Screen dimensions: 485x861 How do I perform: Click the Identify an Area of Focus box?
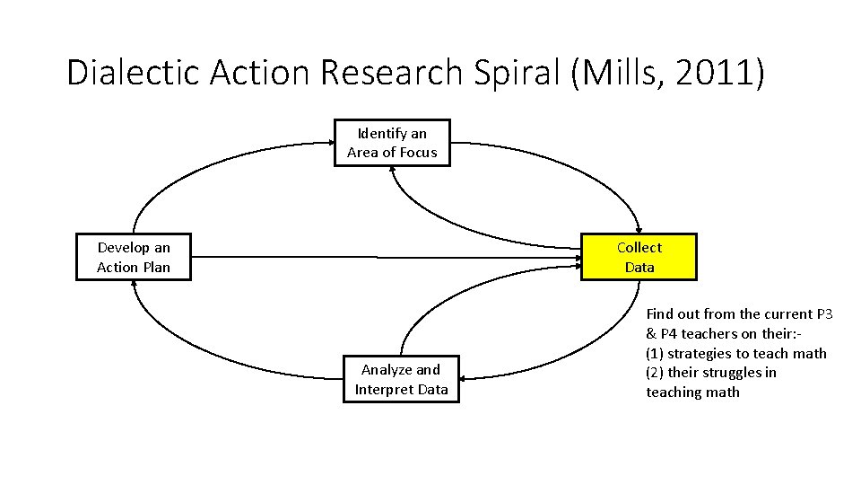click(392, 143)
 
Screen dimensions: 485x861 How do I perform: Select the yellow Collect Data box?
click(639, 257)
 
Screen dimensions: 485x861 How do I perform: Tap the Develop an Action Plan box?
click(134, 257)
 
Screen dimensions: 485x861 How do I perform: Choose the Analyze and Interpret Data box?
click(401, 379)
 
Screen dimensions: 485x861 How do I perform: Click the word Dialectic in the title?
click(134, 73)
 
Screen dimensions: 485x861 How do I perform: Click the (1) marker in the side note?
click(656, 353)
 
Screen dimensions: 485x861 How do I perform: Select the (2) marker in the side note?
click(656, 373)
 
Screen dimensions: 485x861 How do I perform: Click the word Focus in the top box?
click(418, 153)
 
